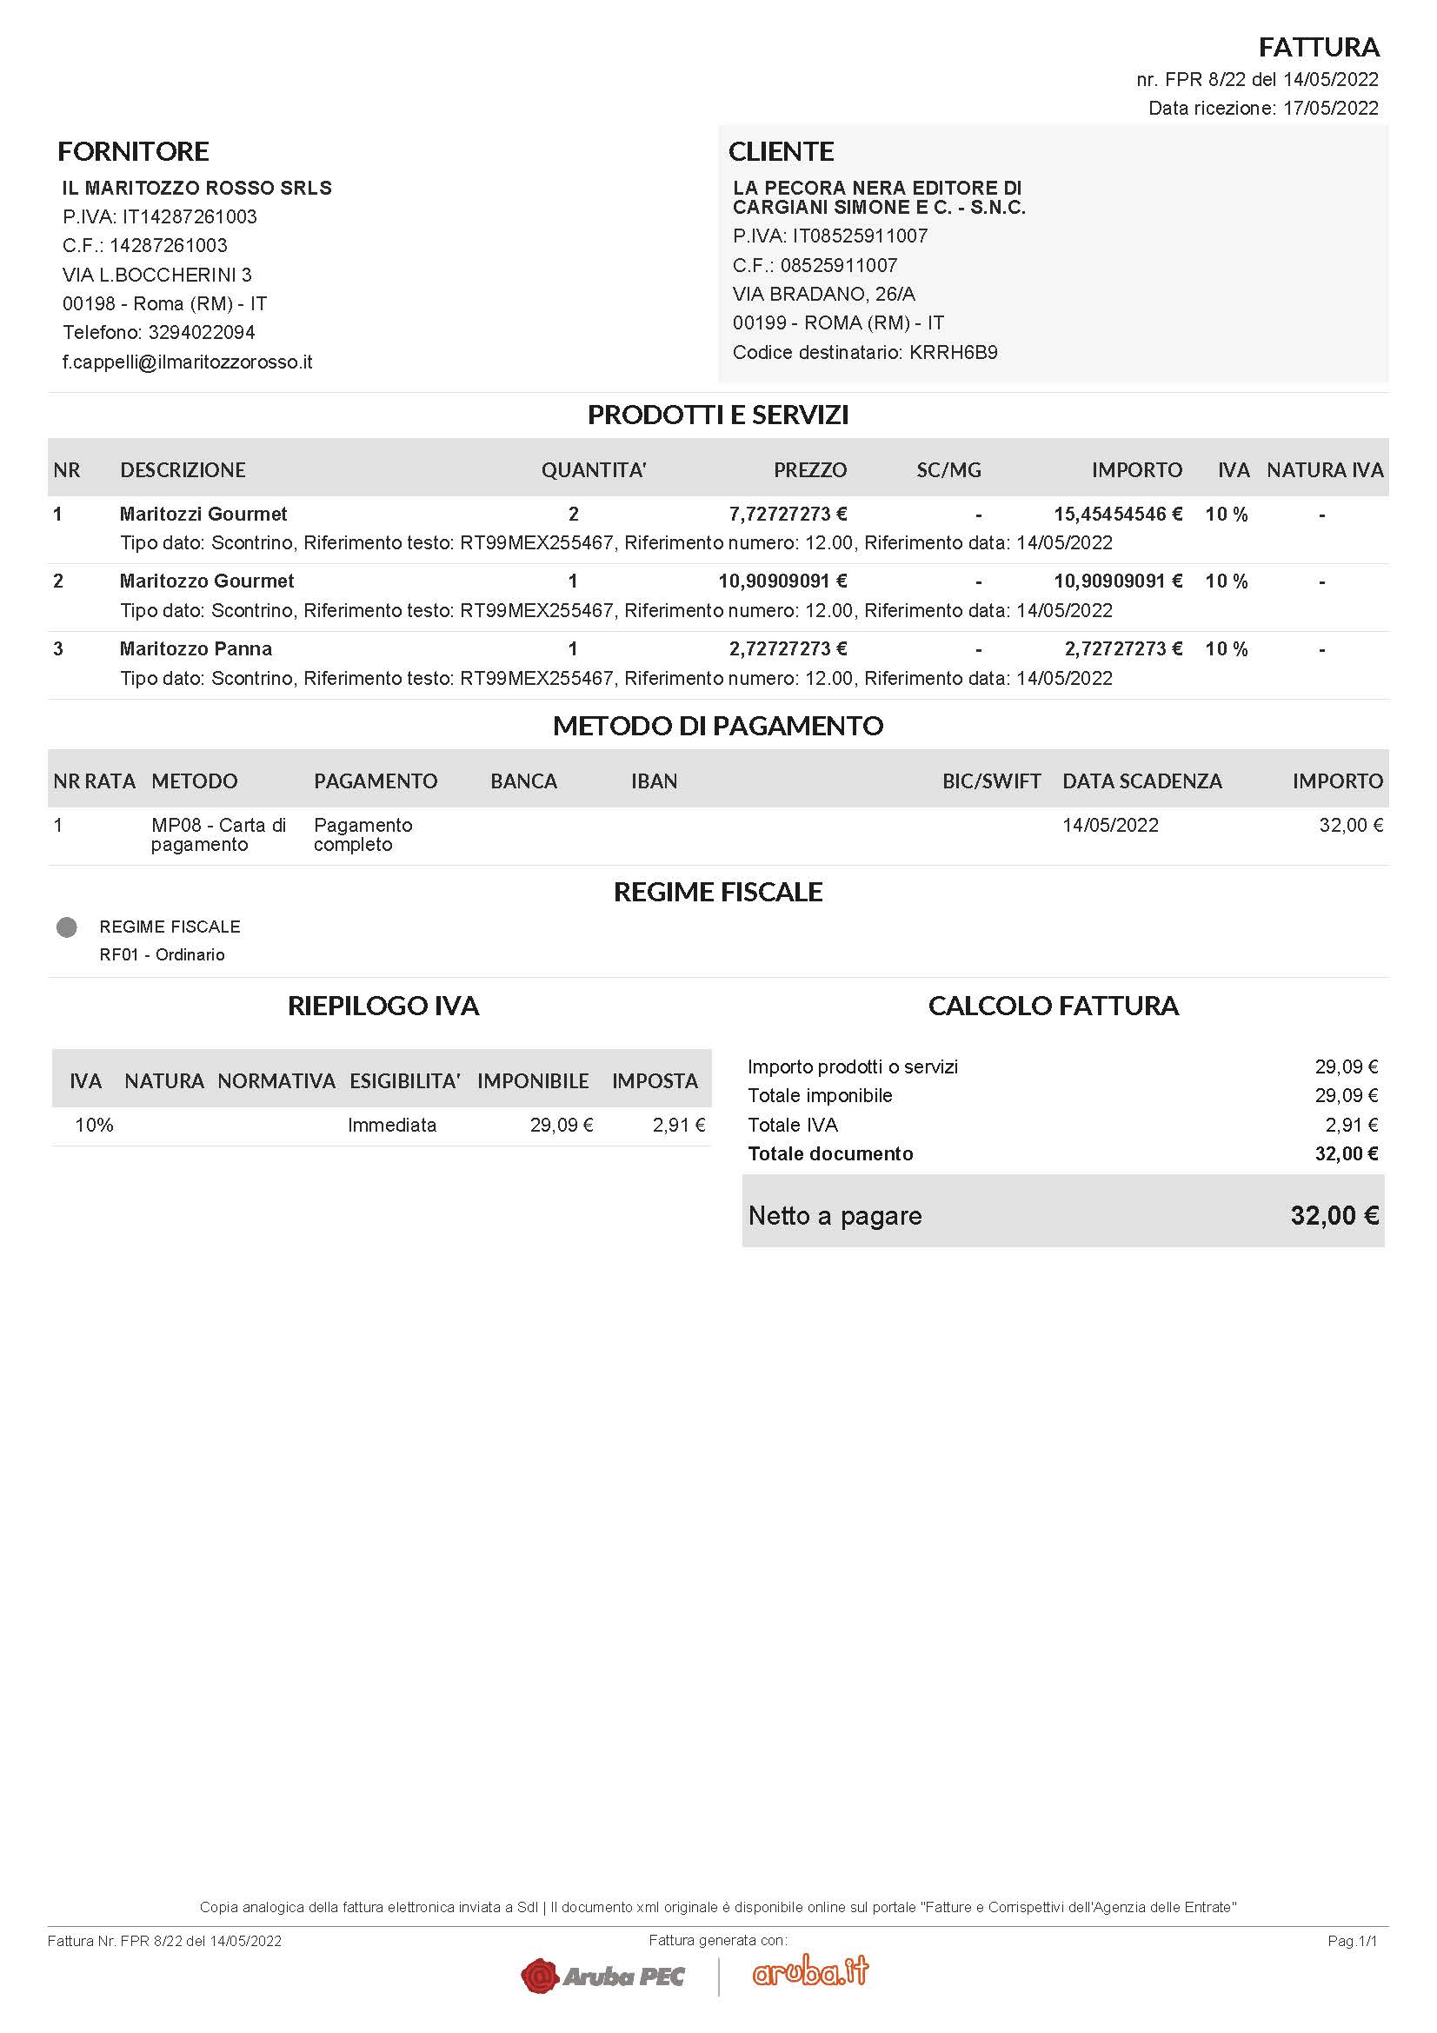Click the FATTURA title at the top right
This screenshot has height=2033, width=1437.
[1319, 47]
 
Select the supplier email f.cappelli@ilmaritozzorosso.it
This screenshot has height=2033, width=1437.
[187, 362]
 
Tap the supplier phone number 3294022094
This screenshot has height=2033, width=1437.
[201, 333]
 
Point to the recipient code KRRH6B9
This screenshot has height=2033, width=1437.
[953, 352]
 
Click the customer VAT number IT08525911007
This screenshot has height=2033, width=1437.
[860, 236]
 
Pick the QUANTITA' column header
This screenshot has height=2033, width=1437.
[593, 470]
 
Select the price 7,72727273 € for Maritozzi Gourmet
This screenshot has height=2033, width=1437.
[787, 515]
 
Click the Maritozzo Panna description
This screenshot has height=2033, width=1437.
[196, 649]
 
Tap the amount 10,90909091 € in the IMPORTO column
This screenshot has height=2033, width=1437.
[1117, 581]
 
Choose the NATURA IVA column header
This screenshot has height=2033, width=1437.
[1325, 470]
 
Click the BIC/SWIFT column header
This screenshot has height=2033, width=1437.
[991, 781]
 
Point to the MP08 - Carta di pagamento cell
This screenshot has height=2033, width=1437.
[218, 834]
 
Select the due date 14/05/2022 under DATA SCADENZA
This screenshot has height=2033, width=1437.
[1110, 825]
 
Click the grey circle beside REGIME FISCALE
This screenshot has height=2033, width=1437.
[66, 927]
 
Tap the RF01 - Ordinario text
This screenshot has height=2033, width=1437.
[162, 954]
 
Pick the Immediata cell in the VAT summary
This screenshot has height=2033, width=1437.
[391, 1126]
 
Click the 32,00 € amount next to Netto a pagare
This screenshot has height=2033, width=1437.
[1334, 1216]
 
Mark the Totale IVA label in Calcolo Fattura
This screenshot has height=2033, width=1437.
[793, 1126]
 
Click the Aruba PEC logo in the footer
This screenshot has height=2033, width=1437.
[603, 1976]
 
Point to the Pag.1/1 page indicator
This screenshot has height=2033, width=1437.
[1352, 1941]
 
